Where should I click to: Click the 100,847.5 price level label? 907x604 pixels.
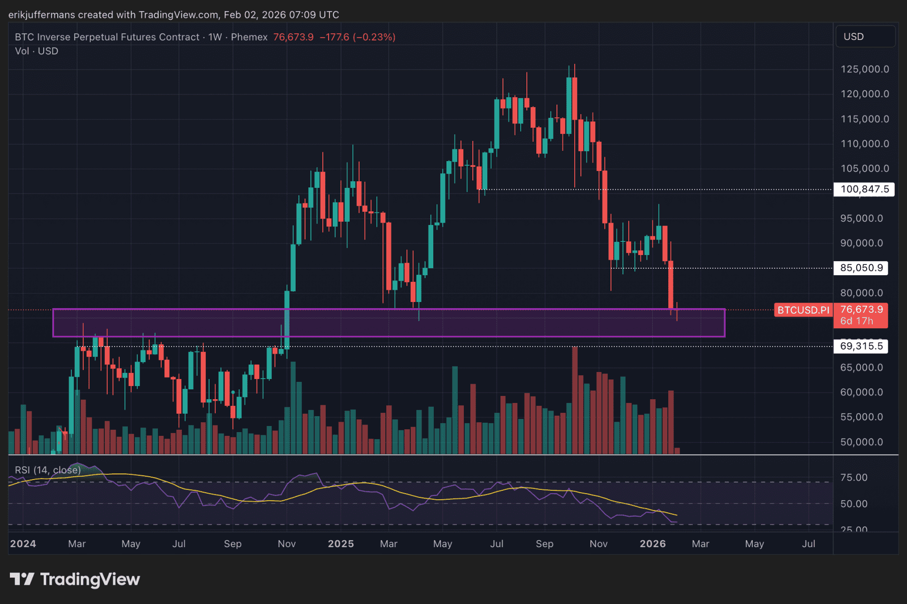[864, 189]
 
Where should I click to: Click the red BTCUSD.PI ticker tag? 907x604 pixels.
[803, 310]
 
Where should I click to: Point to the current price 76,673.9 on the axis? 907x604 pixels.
[861, 310]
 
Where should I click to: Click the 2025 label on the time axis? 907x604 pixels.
[341, 544]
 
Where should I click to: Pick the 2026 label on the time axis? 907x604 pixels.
[653, 544]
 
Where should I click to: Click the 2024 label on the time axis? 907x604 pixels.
[23, 544]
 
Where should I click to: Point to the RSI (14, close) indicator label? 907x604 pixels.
[47, 470]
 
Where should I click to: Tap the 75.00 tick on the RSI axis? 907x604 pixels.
[854, 478]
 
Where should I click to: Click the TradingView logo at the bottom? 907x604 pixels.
[75, 579]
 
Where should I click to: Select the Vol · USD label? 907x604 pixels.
[37, 51]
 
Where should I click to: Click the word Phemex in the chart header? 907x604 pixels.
[249, 37]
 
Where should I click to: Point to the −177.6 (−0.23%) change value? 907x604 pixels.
[358, 37]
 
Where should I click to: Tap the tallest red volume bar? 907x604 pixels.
[575, 400]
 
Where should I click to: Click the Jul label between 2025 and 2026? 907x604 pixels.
[497, 544]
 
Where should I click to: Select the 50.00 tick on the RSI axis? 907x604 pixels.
[854, 504]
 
